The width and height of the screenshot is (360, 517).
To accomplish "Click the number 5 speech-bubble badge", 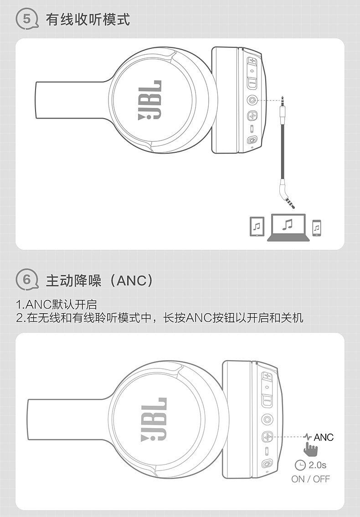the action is click(27, 19).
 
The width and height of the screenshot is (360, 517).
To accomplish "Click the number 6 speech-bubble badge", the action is click(27, 280).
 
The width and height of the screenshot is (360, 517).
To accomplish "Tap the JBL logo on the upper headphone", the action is click(150, 100).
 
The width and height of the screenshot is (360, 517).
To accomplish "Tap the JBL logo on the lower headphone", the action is click(154, 419).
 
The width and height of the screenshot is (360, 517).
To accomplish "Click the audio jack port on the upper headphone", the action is click(252, 100).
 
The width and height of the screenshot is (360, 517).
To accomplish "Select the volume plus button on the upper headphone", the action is click(252, 61).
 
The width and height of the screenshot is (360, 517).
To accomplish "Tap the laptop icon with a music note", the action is click(288, 227).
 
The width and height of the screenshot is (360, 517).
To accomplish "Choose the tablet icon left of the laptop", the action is click(257, 226).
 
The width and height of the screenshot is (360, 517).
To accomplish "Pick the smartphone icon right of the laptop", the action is click(317, 228).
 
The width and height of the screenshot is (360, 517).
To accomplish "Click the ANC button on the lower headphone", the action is click(267, 437).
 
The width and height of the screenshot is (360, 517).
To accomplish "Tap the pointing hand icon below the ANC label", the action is click(310, 450).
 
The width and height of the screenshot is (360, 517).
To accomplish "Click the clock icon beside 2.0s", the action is click(300, 465).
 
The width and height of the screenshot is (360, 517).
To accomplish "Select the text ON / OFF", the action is click(310, 479).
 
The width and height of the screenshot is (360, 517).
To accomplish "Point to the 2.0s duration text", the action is click(318, 465).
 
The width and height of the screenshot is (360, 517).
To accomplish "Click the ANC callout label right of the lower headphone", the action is click(324, 437).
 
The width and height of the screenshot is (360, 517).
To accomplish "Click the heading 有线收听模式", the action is click(88, 20).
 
